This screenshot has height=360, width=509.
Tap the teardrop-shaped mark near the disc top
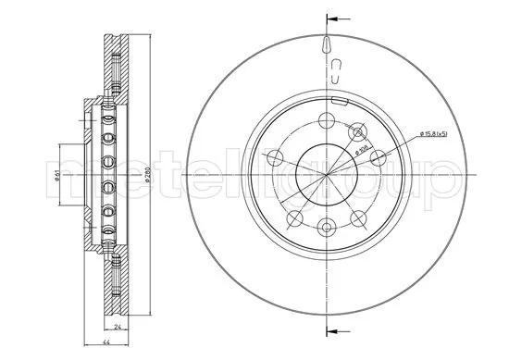tap(329, 44)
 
